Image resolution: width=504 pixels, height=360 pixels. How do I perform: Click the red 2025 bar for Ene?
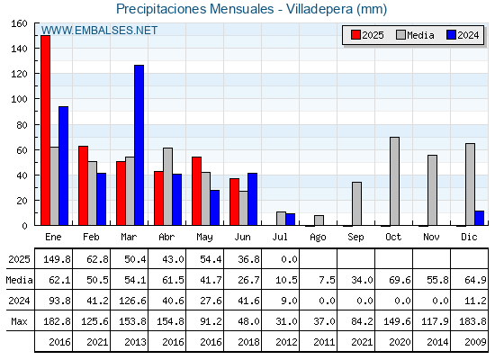(x=45, y=130)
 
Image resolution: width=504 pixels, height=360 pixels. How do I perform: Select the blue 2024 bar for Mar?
(x=139, y=145)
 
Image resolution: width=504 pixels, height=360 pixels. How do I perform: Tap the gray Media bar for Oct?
(x=394, y=181)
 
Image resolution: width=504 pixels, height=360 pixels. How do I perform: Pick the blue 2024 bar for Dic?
(x=479, y=218)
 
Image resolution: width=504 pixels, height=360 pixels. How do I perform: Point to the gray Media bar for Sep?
(x=356, y=203)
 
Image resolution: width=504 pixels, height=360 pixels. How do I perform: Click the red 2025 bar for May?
(x=196, y=191)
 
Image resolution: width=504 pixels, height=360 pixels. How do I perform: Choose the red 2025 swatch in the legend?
(x=355, y=35)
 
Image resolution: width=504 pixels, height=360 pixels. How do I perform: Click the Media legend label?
(x=420, y=35)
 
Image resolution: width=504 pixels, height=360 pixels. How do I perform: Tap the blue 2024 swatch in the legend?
(x=451, y=35)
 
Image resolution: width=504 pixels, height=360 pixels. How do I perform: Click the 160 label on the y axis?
(x=19, y=23)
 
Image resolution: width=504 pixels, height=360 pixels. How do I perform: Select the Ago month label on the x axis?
(x=318, y=238)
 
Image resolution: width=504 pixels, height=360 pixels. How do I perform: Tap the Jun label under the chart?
(x=242, y=237)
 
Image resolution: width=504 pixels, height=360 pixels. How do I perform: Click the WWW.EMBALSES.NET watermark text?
(x=99, y=31)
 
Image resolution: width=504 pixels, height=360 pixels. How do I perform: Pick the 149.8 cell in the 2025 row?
(x=57, y=259)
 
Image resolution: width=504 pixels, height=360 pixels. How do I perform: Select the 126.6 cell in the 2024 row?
(x=132, y=301)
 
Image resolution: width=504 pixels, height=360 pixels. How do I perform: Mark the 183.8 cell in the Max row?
(x=472, y=321)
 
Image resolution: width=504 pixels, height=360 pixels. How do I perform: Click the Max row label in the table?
(x=19, y=321)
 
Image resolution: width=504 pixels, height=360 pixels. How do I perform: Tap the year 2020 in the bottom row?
(x=400, y=342)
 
